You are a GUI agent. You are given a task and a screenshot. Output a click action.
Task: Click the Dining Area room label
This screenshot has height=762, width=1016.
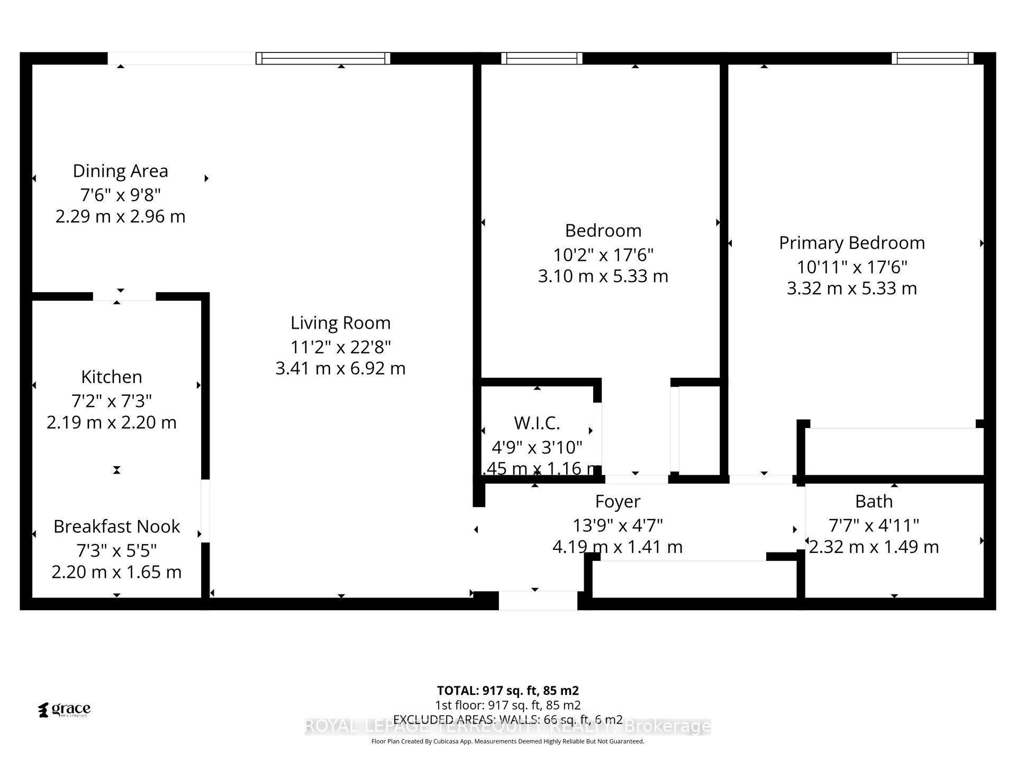pyautogui.click(x=120, y=171)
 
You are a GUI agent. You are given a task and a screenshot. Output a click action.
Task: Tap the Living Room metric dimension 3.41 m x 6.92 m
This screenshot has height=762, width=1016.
pyautogui.click(x=340, y=368)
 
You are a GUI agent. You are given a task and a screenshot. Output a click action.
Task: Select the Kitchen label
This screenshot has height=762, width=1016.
pyautogui.click(x=112, y=377)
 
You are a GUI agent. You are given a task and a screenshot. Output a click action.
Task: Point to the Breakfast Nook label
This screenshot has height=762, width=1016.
pyautogui.click(x=116, y=527)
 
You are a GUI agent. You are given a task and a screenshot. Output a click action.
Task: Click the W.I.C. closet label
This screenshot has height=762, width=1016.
pyautogui.click(x=537, y=423)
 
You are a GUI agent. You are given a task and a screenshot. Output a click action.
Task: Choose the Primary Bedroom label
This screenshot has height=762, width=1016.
pyautogui.click(x=851, y=243)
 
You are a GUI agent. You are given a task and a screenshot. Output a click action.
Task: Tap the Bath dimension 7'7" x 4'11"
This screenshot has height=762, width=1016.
pyautogui.click(x=873, y=525)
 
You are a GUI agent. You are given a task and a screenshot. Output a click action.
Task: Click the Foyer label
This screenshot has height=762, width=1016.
pyautogui.click(x=618, y=501)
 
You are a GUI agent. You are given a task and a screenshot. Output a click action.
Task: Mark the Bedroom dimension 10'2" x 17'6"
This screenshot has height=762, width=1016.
pyautogui.click(x=603, y=255)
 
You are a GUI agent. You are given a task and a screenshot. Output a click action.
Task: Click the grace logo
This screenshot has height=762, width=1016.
pyautogui.click(x=65, y=710)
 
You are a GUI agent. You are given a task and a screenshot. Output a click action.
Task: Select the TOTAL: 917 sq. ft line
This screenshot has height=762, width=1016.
pyautogui.click(x=507, y=691)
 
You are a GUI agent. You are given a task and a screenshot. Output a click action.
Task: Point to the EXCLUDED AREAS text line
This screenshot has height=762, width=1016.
pyautogui.click(x=507, y=720)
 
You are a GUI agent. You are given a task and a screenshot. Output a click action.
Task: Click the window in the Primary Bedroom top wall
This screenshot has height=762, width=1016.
pyautogui.click(x=932, y=58)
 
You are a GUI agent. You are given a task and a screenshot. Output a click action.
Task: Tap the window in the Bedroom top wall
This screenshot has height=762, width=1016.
pyautogui.click(x=541, y=58)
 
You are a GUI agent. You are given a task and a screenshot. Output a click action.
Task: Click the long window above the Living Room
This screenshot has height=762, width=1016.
pyautogui.click(x=323, y=58)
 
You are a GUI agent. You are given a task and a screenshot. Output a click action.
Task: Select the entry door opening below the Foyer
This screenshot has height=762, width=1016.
pyautogui.click(x=538, y=601)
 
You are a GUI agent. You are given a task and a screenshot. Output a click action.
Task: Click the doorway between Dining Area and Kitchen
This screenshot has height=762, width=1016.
pyautogui.click(x=124, y=296)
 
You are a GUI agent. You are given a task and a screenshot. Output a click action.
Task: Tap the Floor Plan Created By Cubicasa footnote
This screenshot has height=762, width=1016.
pyautogui.click(x=507, y=741)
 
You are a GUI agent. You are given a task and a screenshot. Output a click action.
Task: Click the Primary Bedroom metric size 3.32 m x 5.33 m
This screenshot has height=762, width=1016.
pyautogui.click(x=851, y=288)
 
